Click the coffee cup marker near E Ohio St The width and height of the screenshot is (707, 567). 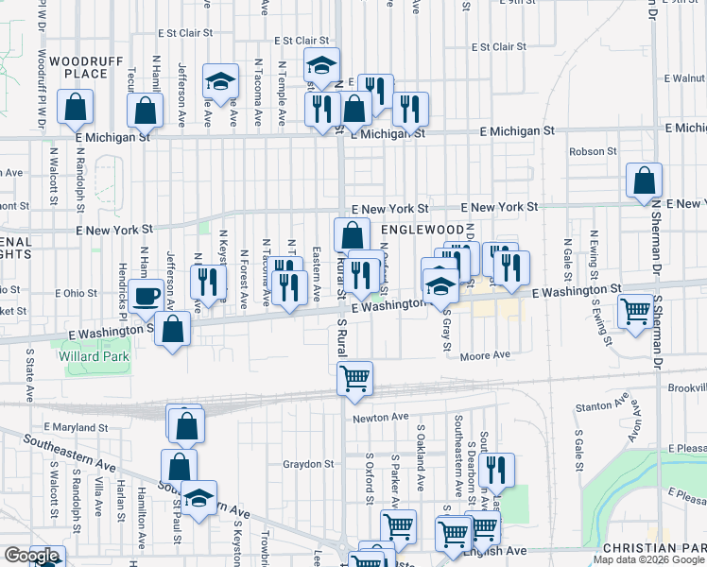146,296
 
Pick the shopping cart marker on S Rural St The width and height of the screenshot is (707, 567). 354,378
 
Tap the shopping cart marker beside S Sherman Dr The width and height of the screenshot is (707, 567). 636,310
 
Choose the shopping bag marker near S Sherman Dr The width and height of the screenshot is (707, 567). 644,180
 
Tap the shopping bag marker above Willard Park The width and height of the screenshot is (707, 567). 173,329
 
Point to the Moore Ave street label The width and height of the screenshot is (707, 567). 485,356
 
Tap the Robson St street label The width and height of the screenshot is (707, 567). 593,150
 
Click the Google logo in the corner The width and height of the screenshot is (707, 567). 31,557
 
